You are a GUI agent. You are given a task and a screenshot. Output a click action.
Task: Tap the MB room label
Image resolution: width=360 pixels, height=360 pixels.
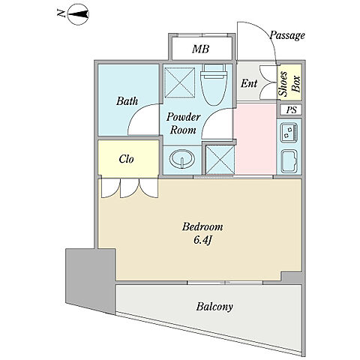coord(200,49)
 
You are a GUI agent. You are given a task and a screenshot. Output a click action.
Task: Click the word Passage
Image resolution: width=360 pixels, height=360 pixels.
coord(287,36)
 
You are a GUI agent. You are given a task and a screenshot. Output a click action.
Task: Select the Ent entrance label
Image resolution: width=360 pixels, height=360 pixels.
coord(249,83)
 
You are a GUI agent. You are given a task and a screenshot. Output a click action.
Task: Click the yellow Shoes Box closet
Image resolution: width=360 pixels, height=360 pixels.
coord(289,82)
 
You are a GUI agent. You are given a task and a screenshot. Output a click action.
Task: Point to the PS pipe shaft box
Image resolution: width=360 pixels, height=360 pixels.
coord(291,109)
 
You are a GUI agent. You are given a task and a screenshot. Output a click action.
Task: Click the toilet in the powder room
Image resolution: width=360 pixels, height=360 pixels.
coord(214,85)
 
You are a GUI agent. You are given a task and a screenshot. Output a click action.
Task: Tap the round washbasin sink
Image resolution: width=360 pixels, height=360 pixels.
coord(182,159)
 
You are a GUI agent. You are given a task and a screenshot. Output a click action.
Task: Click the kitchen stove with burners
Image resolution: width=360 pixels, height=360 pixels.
coord(289,133)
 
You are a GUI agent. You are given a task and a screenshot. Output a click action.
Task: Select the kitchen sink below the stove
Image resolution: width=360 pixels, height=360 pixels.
coord(289,161)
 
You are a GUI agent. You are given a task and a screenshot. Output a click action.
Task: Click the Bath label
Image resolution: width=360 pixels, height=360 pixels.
coord(127,101)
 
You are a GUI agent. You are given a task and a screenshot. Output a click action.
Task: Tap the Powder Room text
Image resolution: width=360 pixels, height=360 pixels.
coord(183,124)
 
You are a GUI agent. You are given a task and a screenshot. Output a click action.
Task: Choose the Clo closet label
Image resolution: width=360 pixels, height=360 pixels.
coord(126,159)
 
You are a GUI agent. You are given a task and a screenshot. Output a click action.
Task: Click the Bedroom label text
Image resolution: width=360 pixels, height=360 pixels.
coord(202,226)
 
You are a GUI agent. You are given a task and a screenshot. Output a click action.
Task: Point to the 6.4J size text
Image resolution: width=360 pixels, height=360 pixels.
coord(202,240)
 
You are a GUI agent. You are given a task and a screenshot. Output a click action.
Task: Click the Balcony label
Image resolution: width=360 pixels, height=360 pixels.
coord(214,307)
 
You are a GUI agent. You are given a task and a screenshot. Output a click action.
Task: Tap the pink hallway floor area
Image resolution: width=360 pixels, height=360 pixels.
coord(255,139)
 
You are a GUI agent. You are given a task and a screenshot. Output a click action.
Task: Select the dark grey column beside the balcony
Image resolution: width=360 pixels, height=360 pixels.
coord(90,280)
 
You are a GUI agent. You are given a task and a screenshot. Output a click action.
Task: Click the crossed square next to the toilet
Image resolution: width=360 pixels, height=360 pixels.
coord(180,82)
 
